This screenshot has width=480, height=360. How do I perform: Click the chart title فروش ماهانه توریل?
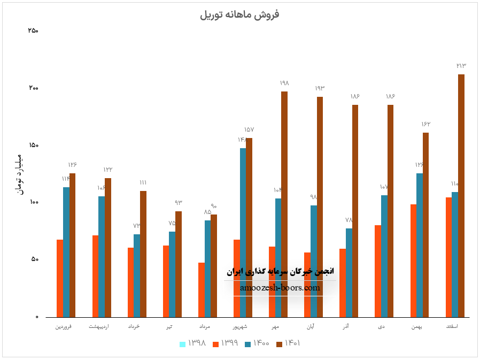pos(239,14)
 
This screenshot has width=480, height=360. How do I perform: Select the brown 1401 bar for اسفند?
pos(461,195)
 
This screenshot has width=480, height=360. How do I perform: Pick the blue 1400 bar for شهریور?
pos(243,232)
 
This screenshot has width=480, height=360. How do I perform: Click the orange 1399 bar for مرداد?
pos(202,289)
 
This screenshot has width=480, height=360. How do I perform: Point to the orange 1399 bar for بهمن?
pos(413,261)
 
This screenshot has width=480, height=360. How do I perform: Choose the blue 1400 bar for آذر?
pos(349,272)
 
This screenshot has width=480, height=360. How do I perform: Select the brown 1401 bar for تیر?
pos(179,264)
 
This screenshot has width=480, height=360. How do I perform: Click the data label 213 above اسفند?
pos(461,65)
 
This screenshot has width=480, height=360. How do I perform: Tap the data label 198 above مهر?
pos(284,83)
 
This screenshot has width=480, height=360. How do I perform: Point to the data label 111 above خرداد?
pos(143,182)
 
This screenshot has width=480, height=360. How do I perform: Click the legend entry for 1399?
pos(225,343)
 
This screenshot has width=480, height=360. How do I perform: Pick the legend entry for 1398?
pos(193,343)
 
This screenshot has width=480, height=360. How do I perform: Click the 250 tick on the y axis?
pos(33,30)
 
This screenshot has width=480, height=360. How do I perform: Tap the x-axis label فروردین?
pos(66,326)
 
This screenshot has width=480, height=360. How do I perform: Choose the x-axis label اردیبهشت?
pos(101,326)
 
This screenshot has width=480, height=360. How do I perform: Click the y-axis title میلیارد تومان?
pos(19,174)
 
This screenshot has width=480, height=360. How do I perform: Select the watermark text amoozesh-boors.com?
pos(280,288)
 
